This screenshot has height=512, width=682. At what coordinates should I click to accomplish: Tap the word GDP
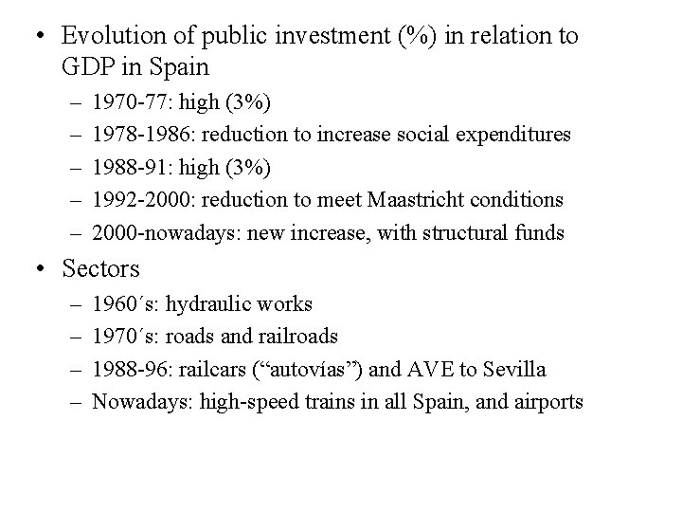(89, 68)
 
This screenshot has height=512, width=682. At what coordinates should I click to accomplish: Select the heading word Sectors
(100, 269)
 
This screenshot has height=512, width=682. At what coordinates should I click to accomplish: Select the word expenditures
(516, 135)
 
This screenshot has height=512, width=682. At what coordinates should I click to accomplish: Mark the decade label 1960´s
(126, 304)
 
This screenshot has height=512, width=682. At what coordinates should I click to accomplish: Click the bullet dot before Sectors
(39, 269)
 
